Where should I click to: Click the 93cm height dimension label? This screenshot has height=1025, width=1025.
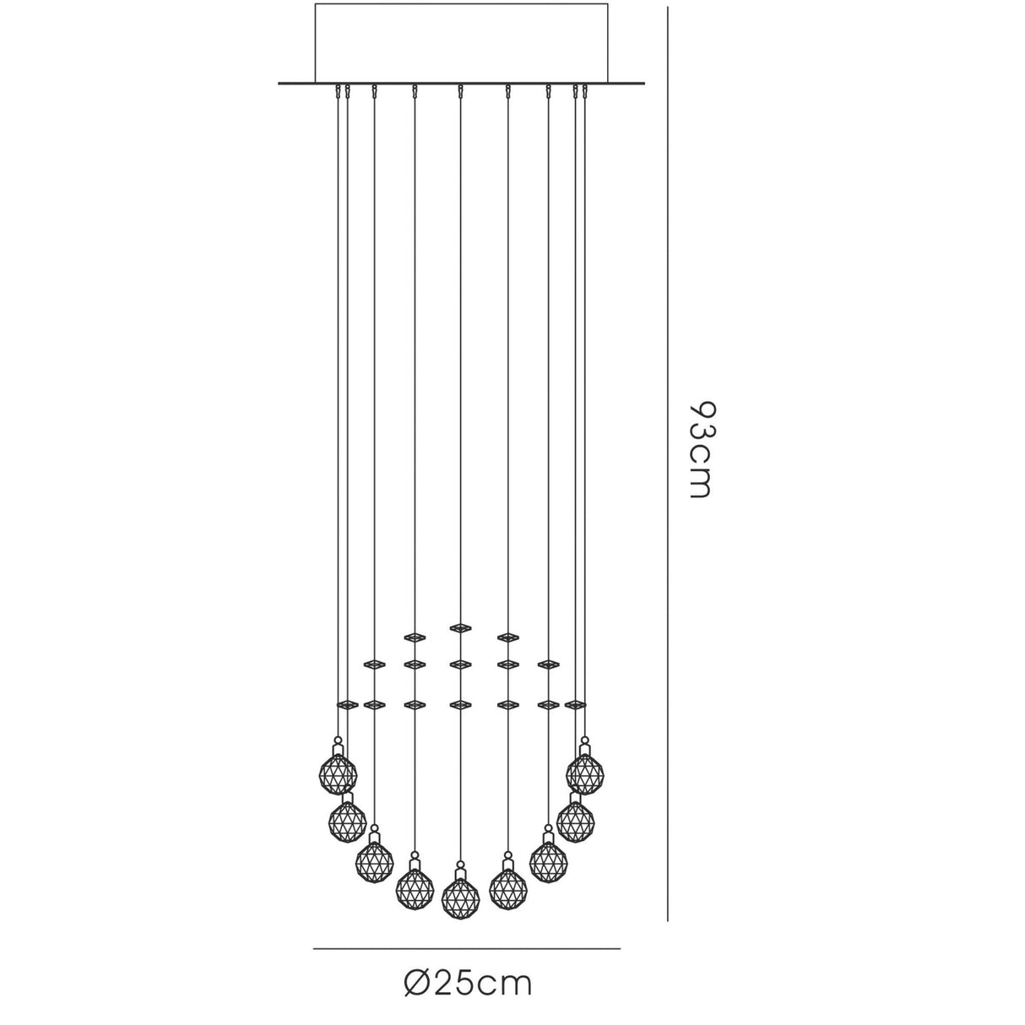(x=700, y=449)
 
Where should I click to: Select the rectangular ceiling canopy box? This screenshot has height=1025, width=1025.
(x=461, y=44)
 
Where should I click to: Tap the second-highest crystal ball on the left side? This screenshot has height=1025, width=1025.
(x=348, y=822)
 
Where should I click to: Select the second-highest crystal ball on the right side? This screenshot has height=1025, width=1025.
(x=576, y=822)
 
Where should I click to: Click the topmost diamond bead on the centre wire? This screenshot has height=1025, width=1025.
(x=461, y=628)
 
